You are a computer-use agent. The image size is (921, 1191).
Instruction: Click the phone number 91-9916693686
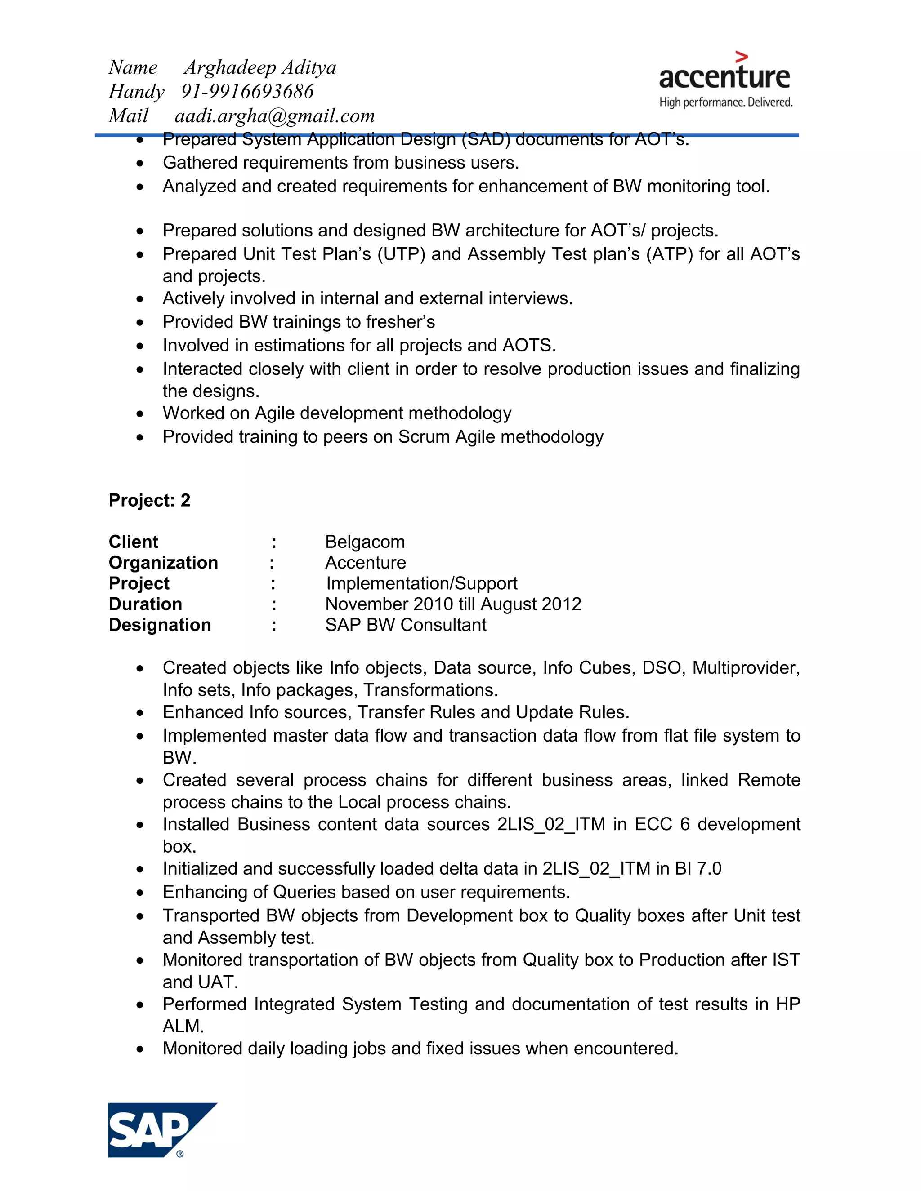tap(247, 92)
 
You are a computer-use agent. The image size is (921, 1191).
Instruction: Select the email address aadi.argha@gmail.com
tap(274, 116)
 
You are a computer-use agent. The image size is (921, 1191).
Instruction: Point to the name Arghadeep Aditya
tap(260, 67)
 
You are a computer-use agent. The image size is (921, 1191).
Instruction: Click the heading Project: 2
tap(149, 500)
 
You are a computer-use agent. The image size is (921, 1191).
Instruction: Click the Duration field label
tap(145, 604)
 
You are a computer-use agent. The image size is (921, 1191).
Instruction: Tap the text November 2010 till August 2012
tap(453, 604)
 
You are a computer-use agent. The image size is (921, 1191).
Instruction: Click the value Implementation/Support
tap(421, 583)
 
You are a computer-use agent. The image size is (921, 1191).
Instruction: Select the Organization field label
tap(163, 562)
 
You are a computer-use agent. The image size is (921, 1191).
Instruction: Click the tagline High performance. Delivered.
tap(726, 102)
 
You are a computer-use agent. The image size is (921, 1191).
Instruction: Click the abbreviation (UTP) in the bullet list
tap(401, 254)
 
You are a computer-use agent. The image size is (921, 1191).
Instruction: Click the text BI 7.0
tap(698, 868)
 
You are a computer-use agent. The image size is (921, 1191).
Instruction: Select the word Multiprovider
tap(745, 667)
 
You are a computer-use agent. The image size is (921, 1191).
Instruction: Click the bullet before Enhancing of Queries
tap(140, 893)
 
